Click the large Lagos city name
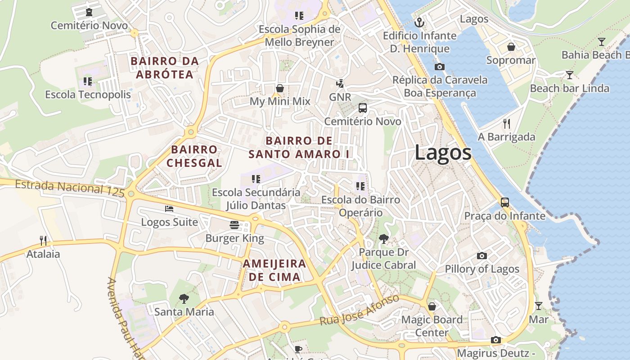[x=443, y=153]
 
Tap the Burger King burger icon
[x=234, y=225]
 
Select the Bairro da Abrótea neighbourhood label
[x=165, y=67]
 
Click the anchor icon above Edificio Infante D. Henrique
[x=419, y=22]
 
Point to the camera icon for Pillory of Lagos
[x=482, y=256]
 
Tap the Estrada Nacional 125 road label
[x=69, y=188]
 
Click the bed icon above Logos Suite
[x=169, y=208]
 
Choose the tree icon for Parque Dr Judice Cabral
[x=383, y=238]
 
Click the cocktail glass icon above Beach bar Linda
[x=570, y=75]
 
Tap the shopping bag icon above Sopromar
[x=511, y=47]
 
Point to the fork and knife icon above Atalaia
[x=43, y=240]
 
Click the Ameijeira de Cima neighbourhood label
[x=274, y=270]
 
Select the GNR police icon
[x=340, y=84]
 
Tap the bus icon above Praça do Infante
[x=505, y=202]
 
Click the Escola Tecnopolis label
[x=88, y=94]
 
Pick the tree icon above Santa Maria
[x=184, y=298]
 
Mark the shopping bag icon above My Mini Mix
[x=280, y=88]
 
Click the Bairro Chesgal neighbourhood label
[x=194, y=156]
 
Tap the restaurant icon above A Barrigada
[x=507, y=123]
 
